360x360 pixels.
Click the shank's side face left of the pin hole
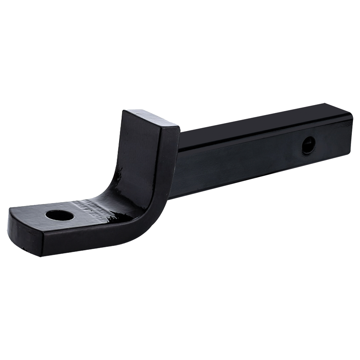coord(240,162)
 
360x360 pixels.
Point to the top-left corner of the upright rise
coord(124,112)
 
